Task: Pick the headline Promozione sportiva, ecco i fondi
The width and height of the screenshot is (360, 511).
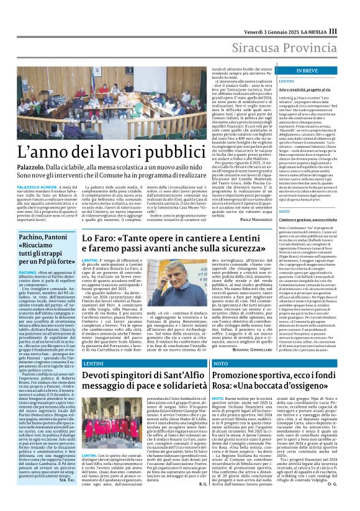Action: [273, 378]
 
